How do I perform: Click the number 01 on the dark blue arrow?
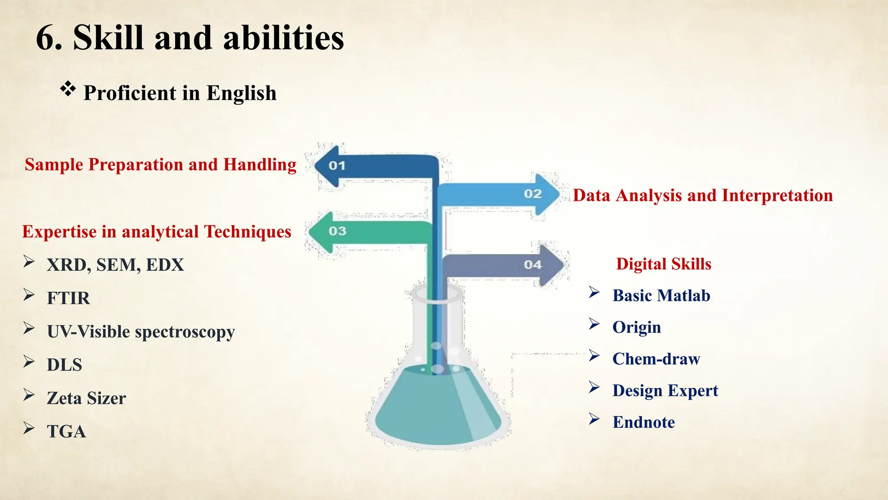[336, 166]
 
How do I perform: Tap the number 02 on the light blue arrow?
[532, 194]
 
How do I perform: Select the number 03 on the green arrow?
[337, 231]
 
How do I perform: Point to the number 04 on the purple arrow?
[532, 265]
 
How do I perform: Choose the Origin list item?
[637, 327]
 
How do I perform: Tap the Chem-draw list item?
[656, 359]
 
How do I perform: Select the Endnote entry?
[643, 422]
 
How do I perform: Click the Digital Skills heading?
[663, 264]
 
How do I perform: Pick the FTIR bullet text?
[69, 298]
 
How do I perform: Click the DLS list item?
[65, 365]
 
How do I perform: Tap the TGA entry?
[66, 431]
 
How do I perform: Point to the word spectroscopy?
[185, 332]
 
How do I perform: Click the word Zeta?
[65, 398]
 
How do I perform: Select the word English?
[241, 93]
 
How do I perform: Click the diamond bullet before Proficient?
[68, 89]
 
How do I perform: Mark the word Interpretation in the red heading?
[777, 195]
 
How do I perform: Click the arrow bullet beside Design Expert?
[594, 387]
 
